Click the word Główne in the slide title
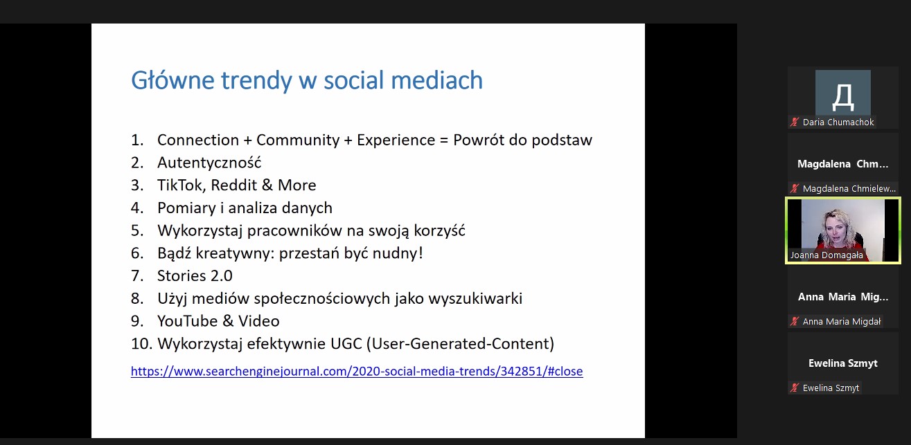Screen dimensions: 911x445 173,80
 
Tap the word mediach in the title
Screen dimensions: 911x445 436,80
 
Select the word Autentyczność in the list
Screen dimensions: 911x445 209,163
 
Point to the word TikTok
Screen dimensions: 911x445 182,185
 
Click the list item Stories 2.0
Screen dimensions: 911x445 195,276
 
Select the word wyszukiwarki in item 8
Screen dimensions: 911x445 475,299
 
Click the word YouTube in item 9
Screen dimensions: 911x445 188,321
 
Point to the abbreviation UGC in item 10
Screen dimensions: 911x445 346,344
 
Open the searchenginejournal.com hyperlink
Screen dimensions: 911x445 357,372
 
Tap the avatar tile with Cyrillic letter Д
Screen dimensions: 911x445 843,93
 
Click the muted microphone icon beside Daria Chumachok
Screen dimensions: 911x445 795,122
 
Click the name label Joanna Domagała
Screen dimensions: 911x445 826,255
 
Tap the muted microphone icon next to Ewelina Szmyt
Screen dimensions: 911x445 795,388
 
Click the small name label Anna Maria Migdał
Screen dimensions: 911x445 842,321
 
